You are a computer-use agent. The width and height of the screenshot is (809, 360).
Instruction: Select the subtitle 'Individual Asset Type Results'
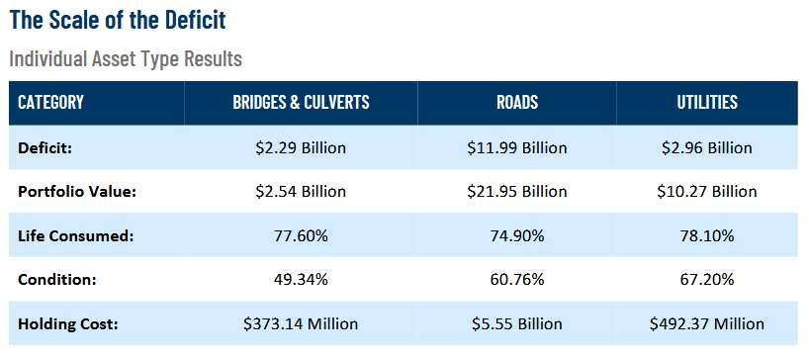pos(126,59)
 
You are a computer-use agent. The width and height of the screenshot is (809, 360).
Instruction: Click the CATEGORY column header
pos(50,103)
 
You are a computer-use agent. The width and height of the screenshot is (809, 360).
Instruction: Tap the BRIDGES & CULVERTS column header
pos(301,103)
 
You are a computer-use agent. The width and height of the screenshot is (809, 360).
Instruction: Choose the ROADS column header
pos(517,103)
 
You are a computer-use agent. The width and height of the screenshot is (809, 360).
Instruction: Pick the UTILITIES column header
pos(707,103)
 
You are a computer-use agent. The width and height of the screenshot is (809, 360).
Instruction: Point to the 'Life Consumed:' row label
pos(72,235)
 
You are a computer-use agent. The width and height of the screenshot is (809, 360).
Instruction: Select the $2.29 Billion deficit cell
pos(301,147)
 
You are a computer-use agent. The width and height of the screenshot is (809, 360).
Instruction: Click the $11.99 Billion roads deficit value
pos(517,147)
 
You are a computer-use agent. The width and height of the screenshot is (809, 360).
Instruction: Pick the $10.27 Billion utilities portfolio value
pos(707,191)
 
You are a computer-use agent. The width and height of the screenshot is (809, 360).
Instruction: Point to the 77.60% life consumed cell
pos(301,235)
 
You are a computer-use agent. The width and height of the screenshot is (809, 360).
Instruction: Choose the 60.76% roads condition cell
pos(517,279)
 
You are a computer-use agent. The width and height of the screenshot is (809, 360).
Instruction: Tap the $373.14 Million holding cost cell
pos(301,323)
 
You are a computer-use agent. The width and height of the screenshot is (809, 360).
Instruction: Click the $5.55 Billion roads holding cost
pos(517,323)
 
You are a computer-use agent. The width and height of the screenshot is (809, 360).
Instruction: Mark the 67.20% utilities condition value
pos(707,279)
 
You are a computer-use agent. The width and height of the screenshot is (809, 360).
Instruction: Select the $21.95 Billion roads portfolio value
pos(517,191)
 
